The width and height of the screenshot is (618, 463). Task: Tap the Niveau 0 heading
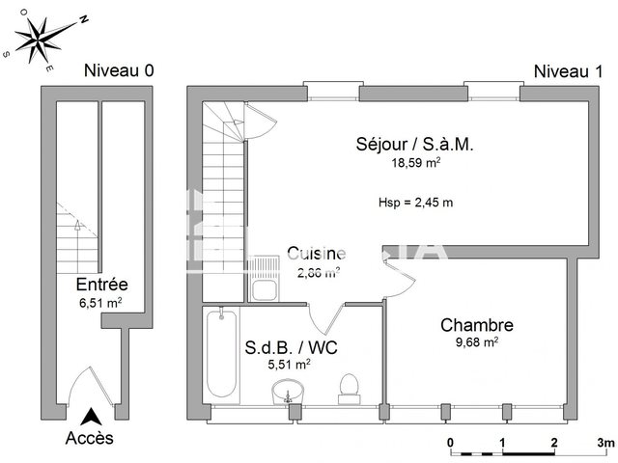(x=119, y=70)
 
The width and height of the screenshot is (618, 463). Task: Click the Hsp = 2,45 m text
(x=416, y=202)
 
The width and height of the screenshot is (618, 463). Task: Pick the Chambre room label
(x=477, y=325)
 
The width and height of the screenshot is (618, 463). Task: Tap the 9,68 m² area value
(x=477, y=342)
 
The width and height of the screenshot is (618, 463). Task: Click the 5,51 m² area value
(x=289, y=365)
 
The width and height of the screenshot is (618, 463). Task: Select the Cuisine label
(x=315, y=254)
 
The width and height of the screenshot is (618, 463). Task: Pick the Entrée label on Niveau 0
(x=101, y=286)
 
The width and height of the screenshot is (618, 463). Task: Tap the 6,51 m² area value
(x=101, y=303)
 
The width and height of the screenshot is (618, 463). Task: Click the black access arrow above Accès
(x=90, y=418)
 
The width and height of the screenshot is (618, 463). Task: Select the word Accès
(x=89, y=438)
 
